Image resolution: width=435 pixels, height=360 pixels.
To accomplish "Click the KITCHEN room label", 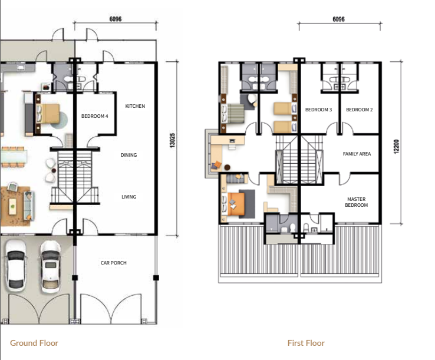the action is [135, 106].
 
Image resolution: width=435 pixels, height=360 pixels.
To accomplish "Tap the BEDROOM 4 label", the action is [94, 116].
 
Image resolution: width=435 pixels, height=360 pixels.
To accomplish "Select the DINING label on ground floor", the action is [128, 155].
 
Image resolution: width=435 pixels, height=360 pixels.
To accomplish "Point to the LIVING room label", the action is [128, 197].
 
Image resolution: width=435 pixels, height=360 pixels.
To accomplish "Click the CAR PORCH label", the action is [114, 263].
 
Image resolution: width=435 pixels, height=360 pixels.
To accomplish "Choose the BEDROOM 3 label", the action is [318, 110].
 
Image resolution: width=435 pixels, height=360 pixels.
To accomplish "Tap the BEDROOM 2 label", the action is [360, 110].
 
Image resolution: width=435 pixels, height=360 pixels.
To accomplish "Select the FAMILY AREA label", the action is [357, 154].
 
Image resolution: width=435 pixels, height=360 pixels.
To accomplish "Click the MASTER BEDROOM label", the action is [357, 202].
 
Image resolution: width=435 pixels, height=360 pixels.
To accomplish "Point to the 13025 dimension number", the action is [172, 140].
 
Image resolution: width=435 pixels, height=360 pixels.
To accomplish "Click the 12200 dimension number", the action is [396, 147].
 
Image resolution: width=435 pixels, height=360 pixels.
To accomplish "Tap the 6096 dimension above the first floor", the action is [338, 19].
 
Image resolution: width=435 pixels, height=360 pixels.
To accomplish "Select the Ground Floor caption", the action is [34, 343].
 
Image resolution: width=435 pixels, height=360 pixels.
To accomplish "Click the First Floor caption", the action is [306, 343].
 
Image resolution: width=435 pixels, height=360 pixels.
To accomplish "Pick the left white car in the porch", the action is [15, 265].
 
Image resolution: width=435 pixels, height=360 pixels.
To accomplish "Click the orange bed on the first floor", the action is [236, 204].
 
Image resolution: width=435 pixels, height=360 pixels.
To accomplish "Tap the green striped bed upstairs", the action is [235, 114].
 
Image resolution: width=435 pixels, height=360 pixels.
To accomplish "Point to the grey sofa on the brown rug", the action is [28, 205].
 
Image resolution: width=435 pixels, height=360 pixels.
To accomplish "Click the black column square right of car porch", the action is [156, 278].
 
